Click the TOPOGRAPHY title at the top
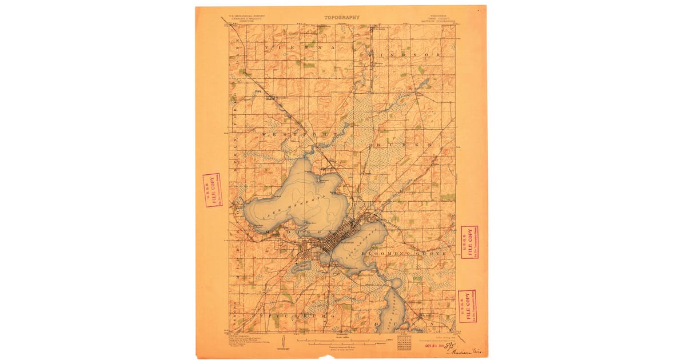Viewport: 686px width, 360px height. click(342, 18)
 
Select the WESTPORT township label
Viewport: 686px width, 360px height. click(292, 133)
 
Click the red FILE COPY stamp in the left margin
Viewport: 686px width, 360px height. click(212, 190)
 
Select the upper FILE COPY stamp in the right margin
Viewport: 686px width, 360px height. click(469, 242)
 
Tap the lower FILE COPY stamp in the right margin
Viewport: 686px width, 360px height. click(467, 306)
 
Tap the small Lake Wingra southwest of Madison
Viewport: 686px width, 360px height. click(301, 266)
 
